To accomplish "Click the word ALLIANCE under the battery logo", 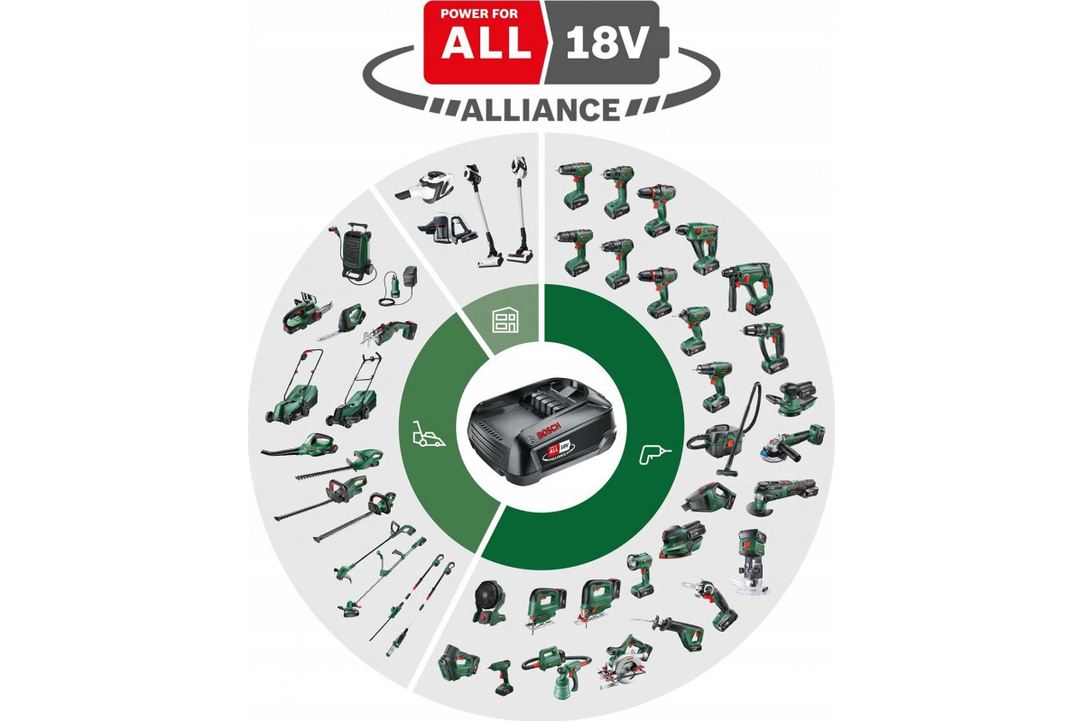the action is (541, 109).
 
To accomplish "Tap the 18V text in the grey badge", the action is (606, 44).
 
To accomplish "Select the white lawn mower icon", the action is (429, 433).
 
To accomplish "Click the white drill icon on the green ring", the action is (655, 455).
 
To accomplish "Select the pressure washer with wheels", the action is (358, 251).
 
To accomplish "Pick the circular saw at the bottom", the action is (625, 663).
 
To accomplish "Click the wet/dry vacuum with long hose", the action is (724, 430).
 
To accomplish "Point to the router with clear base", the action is (751, 561).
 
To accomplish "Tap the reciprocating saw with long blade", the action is (667, 629).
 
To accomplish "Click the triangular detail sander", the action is (682, 540).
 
